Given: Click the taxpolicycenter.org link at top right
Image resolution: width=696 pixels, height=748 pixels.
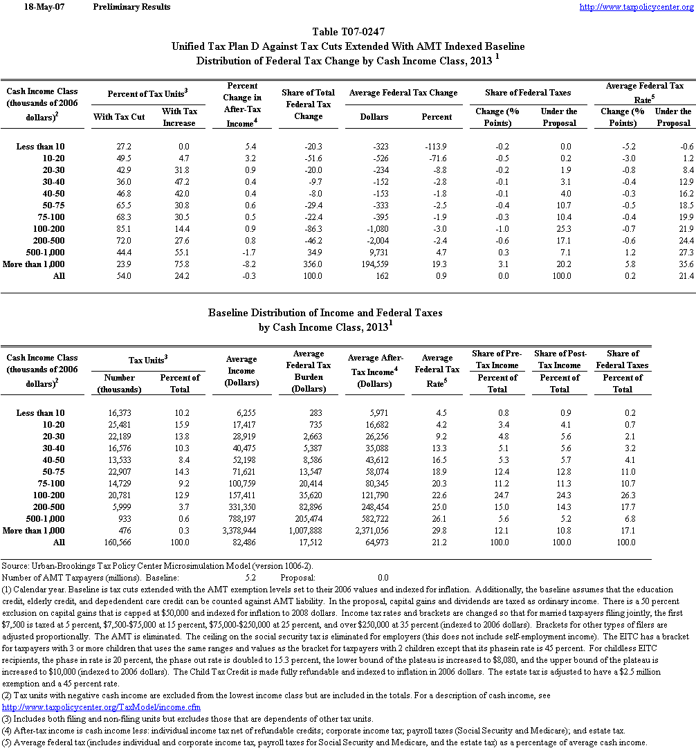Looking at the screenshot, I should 635,7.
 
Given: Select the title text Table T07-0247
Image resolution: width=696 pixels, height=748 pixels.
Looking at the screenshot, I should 348,32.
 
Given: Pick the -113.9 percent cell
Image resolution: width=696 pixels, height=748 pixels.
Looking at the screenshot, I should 437,147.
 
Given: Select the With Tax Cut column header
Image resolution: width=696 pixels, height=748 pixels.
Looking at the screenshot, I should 119,117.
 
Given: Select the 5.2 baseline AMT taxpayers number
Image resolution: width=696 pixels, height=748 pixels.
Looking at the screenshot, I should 250,576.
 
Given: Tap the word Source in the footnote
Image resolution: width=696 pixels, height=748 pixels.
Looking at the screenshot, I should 15,566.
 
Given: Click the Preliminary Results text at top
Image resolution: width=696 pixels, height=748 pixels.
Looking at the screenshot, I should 131,7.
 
